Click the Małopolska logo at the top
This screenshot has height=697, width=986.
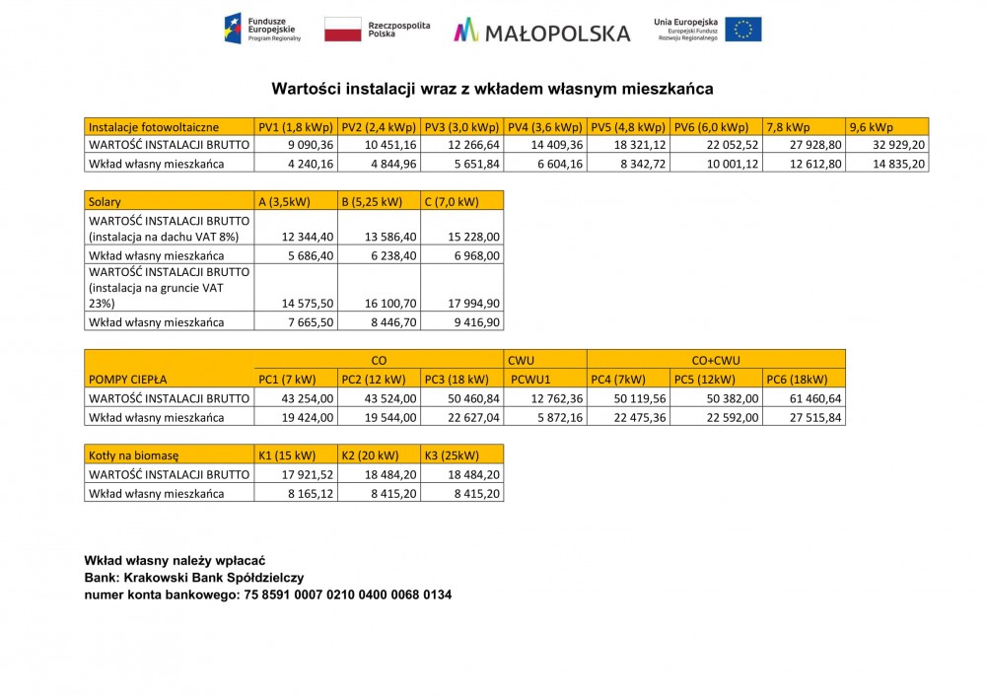pos(541,31)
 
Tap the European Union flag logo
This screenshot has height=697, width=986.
pos(742,30)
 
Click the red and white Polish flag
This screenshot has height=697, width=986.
pos(343,30)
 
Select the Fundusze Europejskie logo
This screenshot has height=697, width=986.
pos(263,29)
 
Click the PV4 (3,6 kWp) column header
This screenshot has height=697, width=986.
pos(544,127)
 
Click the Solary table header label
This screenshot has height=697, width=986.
pos(106,201)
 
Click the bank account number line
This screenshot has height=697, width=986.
pos(268,594)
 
